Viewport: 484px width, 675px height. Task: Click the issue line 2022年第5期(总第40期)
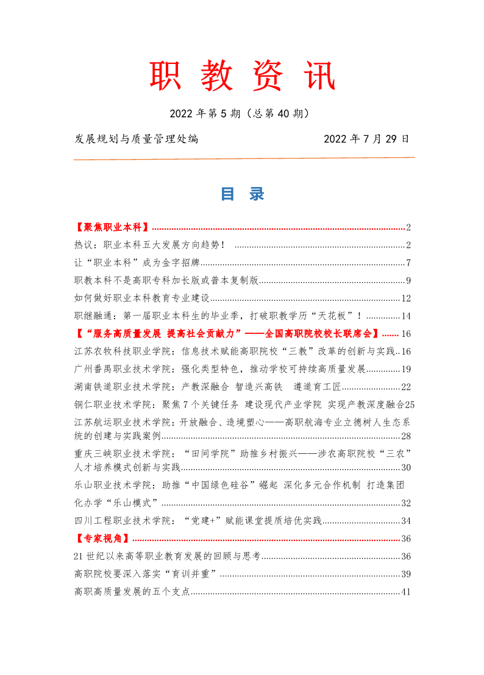(242, 113)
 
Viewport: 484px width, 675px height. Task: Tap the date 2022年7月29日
(366, 139)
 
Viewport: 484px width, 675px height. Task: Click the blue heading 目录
(242, 194)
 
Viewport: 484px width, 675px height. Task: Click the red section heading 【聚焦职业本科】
(112, 228)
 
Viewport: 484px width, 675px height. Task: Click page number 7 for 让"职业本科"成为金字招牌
(409, 263)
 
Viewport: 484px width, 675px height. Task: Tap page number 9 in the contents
(409, 281)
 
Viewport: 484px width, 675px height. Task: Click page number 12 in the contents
(407, 299)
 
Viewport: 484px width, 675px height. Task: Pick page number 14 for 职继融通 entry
(407, 316)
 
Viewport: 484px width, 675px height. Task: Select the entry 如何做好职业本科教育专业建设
(141, 299)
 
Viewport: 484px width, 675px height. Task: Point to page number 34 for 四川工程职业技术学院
(407, 521)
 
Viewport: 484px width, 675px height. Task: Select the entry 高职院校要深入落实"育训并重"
(146, 574)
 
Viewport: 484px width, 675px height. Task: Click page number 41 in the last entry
(407, 592)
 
